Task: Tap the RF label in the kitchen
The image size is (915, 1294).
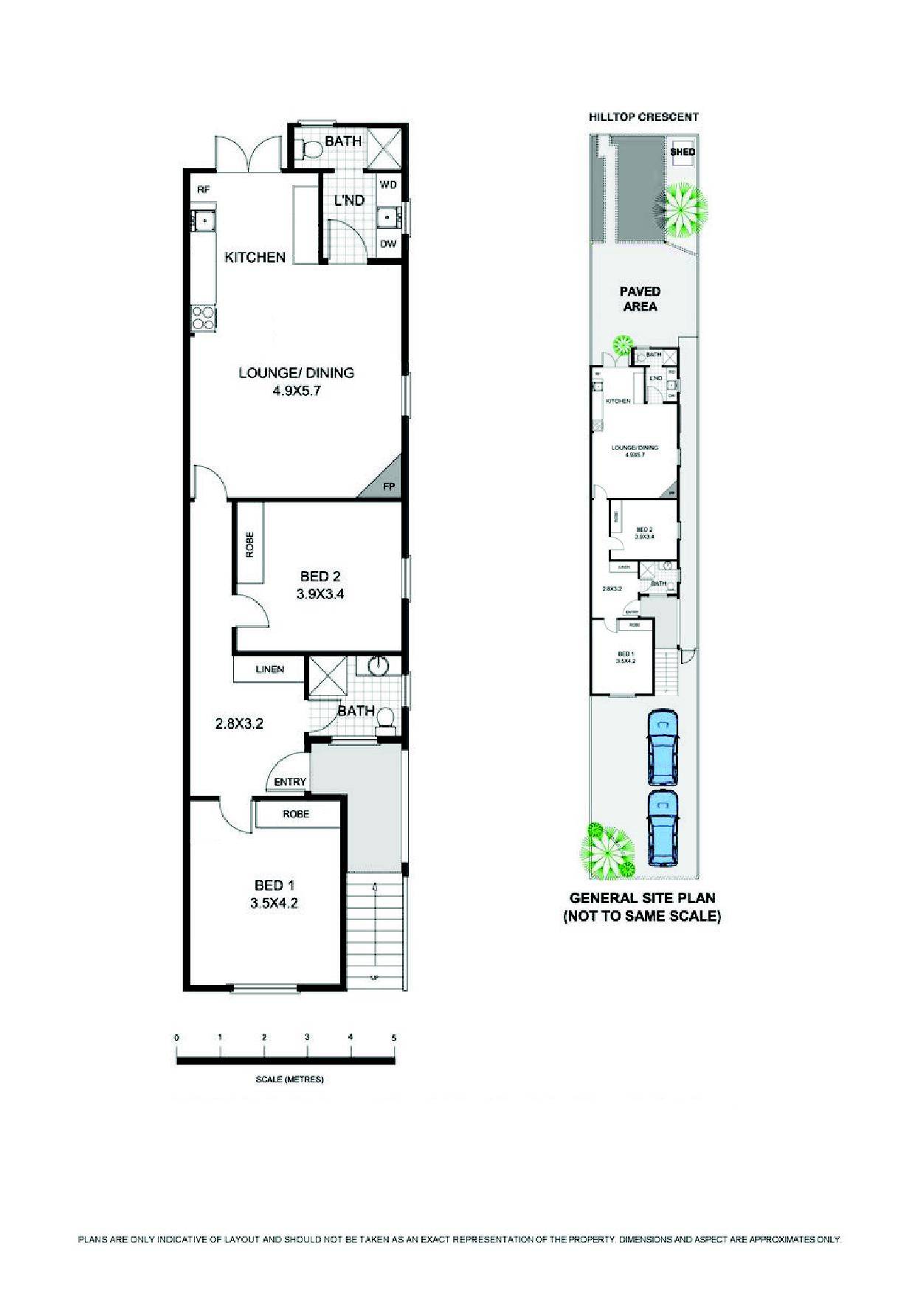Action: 204,190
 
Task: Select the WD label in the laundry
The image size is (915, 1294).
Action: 388,184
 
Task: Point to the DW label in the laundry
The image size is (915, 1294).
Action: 388,244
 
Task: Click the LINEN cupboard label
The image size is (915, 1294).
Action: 269,670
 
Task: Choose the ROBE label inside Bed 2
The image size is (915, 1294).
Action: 249,544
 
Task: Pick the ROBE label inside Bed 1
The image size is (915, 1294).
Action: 296,814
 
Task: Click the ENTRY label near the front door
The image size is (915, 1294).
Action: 290,782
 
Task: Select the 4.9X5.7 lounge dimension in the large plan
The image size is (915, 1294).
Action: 296,392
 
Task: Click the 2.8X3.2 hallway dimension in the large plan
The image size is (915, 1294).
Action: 239,724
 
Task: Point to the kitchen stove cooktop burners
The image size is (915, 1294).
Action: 203,319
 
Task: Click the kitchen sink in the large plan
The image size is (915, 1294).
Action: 201,219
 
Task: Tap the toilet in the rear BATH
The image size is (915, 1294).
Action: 313,150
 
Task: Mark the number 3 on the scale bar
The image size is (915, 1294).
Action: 307,1038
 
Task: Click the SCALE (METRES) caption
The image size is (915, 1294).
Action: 289,1079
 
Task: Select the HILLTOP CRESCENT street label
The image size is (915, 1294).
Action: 643,117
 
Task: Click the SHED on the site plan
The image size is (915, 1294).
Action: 682,152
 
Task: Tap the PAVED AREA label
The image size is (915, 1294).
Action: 640,299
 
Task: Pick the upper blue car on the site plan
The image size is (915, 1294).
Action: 662,747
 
